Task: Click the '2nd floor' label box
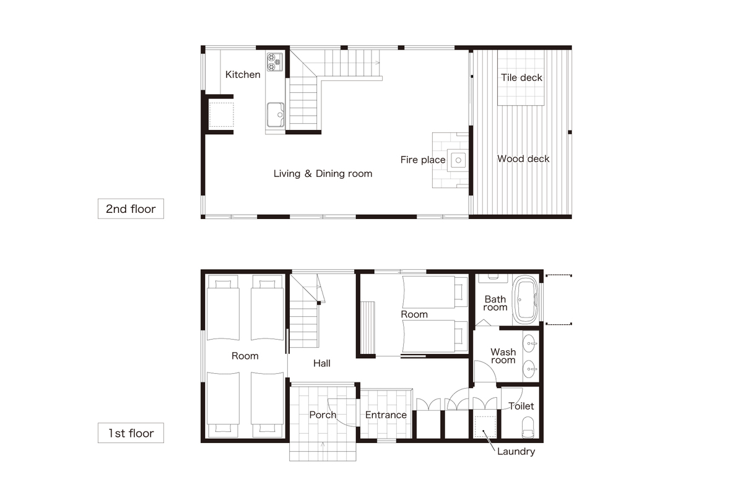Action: (131, 209)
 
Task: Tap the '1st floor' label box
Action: (131, 433)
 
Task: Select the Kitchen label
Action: (243, 75)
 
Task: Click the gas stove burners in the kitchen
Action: (275, 62)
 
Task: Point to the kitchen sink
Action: (276, 114)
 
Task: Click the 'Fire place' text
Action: (423, 160)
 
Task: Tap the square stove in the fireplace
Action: (458, 160)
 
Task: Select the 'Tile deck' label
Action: (521, 77)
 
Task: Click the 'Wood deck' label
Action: (523, 159)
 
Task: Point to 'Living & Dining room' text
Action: (323, 173)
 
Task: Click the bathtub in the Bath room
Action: (526, 300)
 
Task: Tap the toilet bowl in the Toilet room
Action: (528, 427)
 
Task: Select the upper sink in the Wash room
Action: (529, 343)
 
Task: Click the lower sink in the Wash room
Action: (529, 369)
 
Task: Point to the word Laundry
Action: (516, 452)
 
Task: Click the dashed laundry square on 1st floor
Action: (485, 427)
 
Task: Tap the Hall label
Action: (322, 363)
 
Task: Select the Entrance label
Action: (386, 415)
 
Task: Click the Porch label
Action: (323, 415)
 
